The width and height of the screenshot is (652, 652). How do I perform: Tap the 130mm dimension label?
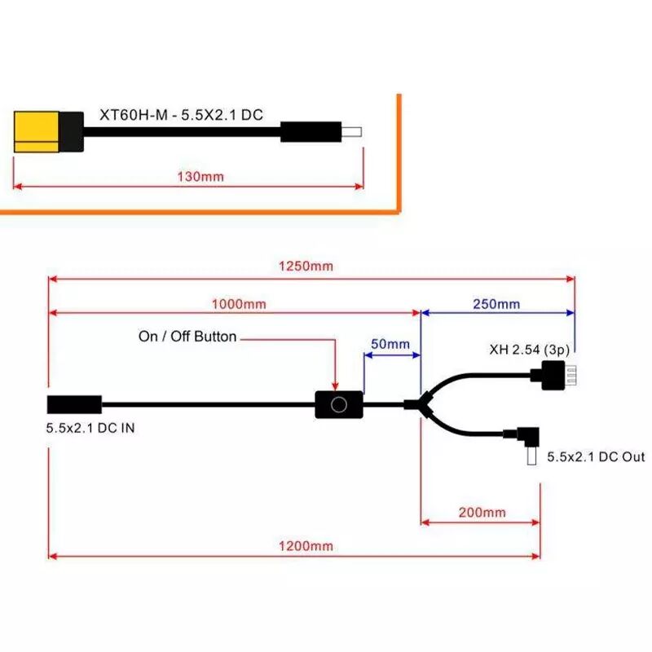click(200, 177)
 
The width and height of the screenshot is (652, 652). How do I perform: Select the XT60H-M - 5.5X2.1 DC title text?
click(181, 115)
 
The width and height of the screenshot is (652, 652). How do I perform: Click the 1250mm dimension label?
click(306, 267)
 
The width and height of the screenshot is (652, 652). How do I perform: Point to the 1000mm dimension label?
click(239, 304)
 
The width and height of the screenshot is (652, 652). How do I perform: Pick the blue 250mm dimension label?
click(496, 304)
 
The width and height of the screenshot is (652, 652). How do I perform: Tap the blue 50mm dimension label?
click(390, 344)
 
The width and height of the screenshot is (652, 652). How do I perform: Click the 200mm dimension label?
click(482, 513)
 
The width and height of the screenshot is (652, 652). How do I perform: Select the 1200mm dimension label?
click(306, 546)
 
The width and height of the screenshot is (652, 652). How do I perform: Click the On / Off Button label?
click(187, 337)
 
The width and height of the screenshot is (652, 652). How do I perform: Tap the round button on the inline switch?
click(339, 404)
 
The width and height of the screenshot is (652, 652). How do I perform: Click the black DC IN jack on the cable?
click(74, 404)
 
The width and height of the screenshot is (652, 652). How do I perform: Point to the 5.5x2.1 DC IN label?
click(90, 428)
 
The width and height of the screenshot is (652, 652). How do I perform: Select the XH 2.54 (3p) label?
click(529, 350)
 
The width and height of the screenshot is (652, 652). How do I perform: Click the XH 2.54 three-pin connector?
click(554, 375)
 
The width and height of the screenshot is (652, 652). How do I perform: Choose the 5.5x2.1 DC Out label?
click(596, 457)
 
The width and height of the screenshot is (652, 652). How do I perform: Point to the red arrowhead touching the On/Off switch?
click(335, 386)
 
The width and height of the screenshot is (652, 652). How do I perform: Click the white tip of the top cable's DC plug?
click(352, 132)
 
